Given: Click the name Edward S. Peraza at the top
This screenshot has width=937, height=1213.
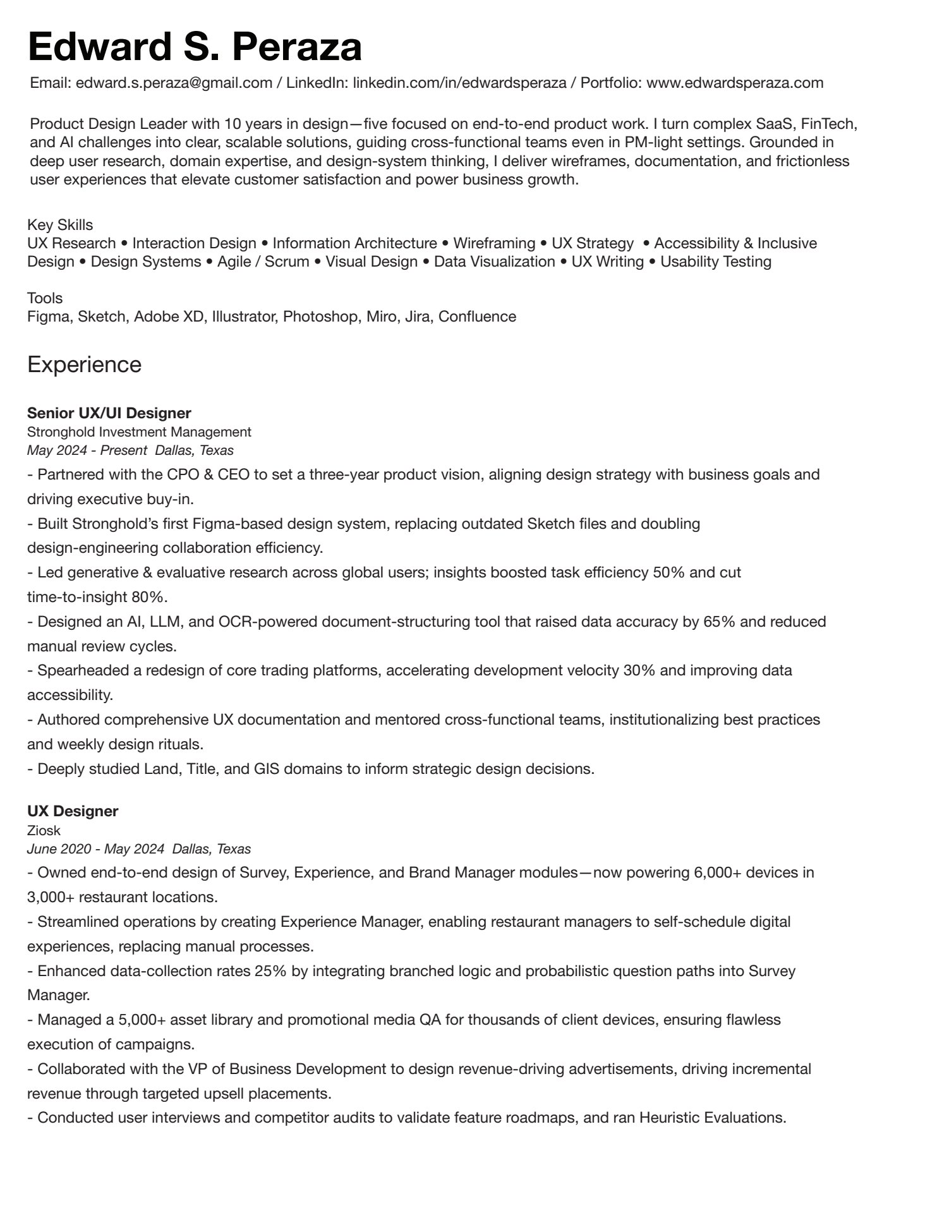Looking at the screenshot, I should (x=195, y=47).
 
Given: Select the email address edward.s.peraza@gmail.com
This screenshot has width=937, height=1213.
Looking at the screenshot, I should (x=174, y=83).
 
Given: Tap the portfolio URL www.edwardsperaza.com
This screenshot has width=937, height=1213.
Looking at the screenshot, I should (x=735, y=83).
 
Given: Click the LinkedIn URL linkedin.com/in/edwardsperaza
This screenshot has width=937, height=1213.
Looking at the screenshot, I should (x=459, y=83).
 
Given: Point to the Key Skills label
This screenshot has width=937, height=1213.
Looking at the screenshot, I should (x=60, y=225).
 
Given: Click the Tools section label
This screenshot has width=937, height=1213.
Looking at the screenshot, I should (x=45, y=298).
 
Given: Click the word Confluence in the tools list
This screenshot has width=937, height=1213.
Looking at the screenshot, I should (x=477, y=317).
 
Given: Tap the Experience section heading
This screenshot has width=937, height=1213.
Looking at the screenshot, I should (x=84, y=365).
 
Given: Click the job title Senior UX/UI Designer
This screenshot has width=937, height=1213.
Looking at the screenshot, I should (x=109, y=413).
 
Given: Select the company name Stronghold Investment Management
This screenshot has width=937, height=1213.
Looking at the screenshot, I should (x=139, y=432).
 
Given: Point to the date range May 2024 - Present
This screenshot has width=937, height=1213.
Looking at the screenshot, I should (x=87, y=450).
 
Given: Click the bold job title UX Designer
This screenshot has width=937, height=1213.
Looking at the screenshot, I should (x=73, y=811).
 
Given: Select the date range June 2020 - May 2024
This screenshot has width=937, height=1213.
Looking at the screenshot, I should (x=96, y=849).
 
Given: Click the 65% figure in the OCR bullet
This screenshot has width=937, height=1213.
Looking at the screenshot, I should (x=719, y=622).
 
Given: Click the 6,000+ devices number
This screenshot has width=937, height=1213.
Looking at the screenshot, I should (x=721, y=873).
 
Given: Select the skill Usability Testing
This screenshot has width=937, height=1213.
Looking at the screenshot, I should (x=716, y=262).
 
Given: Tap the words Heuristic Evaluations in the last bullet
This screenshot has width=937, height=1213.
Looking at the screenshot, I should (x=713, y=1118).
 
